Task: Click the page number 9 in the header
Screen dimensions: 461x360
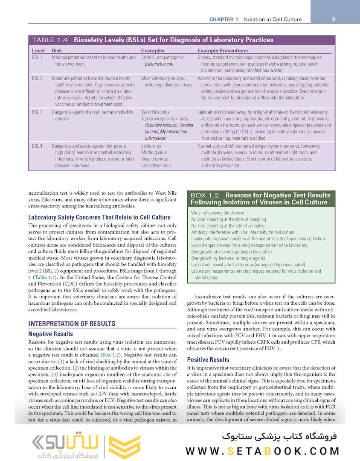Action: (333, 19)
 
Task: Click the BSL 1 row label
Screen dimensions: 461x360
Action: (37, 57)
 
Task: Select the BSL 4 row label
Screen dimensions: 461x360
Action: (37, 146)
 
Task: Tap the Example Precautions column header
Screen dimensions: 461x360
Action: (222, 50)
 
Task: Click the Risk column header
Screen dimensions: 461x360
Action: (57, 50)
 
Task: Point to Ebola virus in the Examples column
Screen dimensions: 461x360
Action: (151, 146)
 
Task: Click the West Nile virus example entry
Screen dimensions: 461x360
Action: (155, 112)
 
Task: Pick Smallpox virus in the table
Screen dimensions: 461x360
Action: (154, 159)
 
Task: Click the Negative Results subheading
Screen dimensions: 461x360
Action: (50, 334)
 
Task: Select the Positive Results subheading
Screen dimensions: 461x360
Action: (208, 359)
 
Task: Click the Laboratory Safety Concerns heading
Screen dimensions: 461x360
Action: (99, 217)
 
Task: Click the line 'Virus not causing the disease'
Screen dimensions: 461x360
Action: (218, 213)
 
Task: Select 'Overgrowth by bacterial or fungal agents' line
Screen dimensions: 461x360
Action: (228, 258)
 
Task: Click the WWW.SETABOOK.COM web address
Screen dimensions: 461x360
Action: (262, 451)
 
